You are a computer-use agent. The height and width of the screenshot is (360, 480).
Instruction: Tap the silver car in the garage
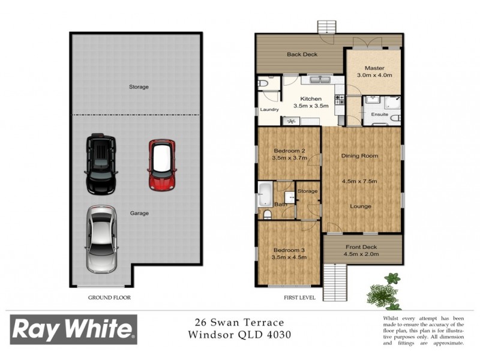point(102,238)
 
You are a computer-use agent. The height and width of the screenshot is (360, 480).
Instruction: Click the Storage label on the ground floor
point(139,87)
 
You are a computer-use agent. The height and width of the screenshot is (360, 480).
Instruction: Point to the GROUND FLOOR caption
point(109,297)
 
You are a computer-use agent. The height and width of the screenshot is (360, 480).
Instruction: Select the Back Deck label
point(302,55)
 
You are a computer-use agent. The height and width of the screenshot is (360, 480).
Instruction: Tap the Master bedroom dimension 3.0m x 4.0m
point(374,76)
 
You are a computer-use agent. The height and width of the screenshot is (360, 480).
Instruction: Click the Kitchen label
point(311,98)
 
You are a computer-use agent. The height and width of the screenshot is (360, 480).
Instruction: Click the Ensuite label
point(380,114)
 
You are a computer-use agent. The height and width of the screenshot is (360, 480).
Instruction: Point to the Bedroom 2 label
point(290,151)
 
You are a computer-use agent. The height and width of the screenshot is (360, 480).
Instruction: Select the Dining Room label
point(360,156)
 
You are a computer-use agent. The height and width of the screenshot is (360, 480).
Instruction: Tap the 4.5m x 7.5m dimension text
point(360,181)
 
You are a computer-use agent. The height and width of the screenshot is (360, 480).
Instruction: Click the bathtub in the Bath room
point(265,195)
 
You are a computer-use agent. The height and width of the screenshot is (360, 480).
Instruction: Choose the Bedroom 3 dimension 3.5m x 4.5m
point(290,257)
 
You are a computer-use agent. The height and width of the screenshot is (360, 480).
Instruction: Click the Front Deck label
point(361,247)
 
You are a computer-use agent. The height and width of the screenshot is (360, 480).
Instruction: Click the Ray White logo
point(73,329)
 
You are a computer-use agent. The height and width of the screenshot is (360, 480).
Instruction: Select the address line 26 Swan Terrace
point(239,323)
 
